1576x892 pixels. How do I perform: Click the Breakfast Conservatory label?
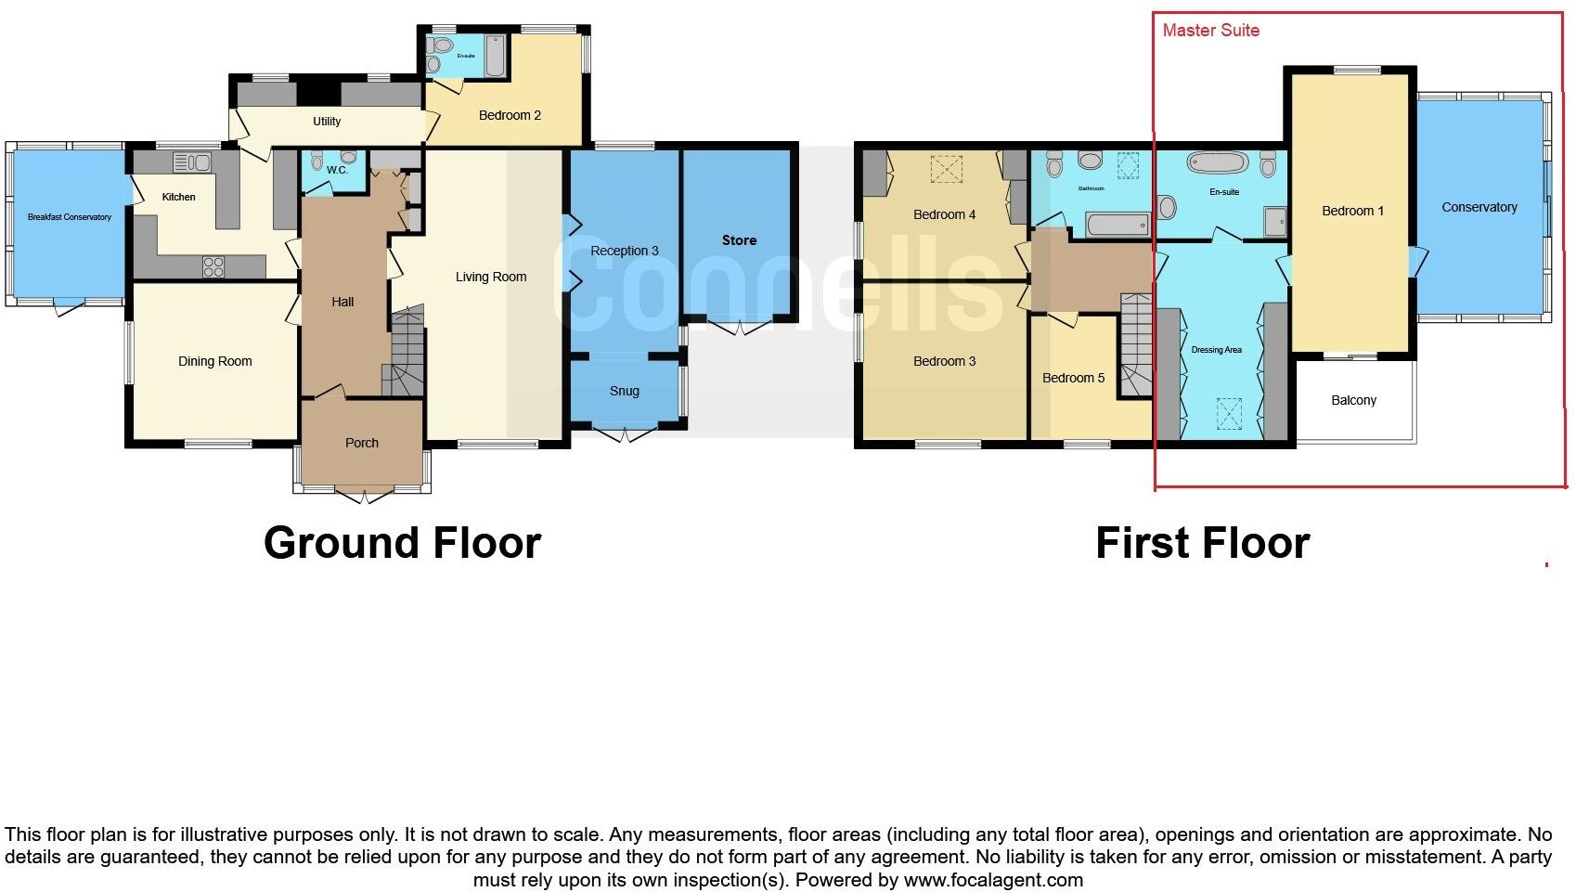(x=70, y=217)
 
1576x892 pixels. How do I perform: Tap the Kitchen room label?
(x=179, y=197)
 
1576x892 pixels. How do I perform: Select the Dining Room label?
(x=215, y=361)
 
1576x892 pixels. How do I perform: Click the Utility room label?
(x=327, y=122)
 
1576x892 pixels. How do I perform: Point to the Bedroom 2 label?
(x=510, y=115)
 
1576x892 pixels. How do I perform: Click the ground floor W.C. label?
(x=337, y=170)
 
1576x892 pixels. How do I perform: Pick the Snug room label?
(x=625, y=391)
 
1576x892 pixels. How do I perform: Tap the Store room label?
(x=740, y=240)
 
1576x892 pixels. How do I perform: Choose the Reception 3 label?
(x=625, y=251)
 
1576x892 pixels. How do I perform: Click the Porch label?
(x=362, y=443)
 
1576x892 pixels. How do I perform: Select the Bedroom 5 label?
(x=1074, y=378)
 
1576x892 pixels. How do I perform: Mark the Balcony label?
(x=1354, y=400)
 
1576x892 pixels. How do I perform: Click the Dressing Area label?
(x=1217, y=350)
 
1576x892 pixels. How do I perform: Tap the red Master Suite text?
(x=1211, y=31)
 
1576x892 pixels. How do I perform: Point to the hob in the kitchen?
(x=213, y=266)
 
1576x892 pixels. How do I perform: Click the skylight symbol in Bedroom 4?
(x=946, y=169)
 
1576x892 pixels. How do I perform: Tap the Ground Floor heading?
(x=402, y=543)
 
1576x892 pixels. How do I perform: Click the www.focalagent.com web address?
(x=993, y=880)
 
